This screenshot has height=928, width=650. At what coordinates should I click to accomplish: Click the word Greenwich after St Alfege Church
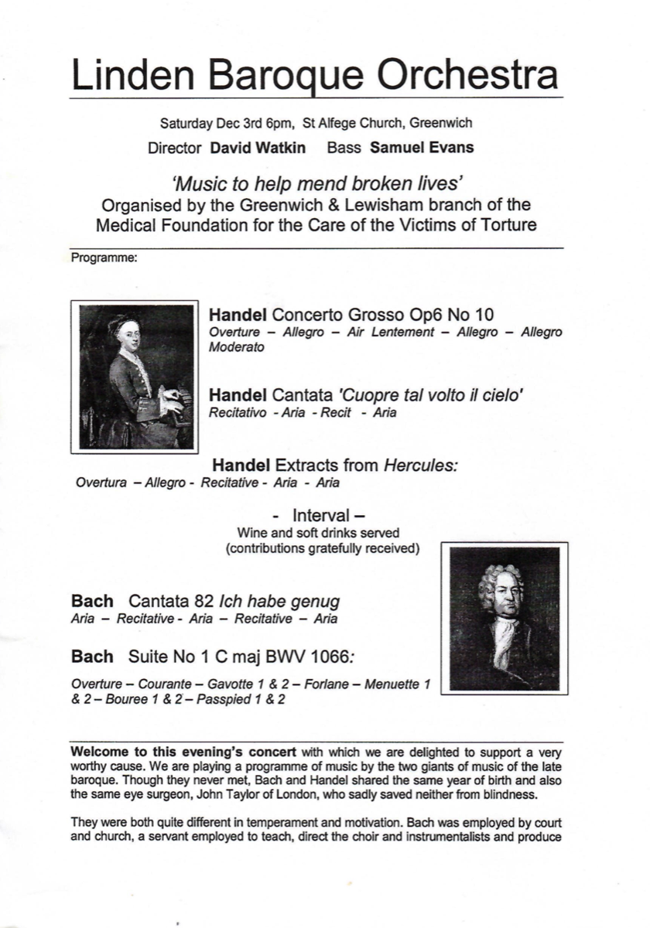click(x=441, y=123)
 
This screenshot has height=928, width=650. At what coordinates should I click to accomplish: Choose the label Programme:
click(x=104, y=258)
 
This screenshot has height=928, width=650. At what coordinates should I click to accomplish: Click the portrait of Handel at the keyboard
click(x=136, y=376)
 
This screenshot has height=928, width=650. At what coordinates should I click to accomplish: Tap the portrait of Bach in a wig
click(x=504, y=617)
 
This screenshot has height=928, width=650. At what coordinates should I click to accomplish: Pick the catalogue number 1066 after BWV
click(x=341, y=658)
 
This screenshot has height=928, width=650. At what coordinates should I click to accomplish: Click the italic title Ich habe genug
click(x=279, y=601)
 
